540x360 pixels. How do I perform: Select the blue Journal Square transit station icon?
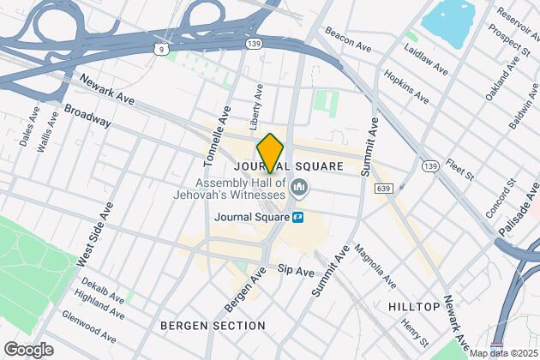click(x=298, y=217)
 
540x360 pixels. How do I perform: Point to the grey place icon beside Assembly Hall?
click(x=300, y=187)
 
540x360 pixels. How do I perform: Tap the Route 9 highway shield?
click(x=162, y=49)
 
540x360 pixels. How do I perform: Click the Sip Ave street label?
click(x=297, y=270)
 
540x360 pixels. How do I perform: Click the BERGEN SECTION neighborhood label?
click(x=213, y=326)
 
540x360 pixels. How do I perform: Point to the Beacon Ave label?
click(x=348, y=39)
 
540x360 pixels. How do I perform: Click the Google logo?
click(x=28, y=350)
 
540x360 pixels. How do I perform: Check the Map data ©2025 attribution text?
click(x=501, y=353)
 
